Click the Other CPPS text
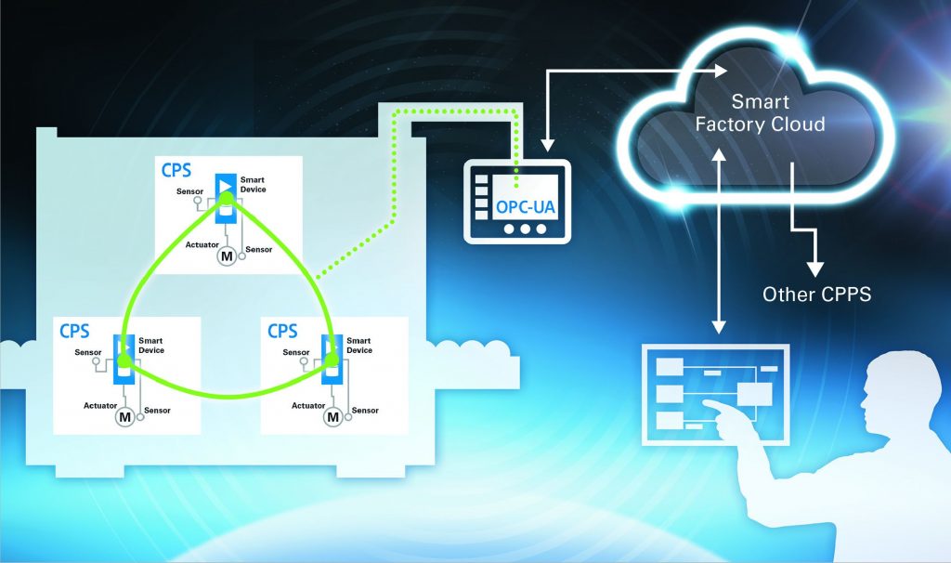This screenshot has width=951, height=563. (814, 295)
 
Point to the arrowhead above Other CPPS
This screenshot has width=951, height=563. (814, 268)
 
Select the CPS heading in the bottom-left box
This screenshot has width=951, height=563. (75, 331)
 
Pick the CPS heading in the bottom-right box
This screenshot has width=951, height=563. (282, 331)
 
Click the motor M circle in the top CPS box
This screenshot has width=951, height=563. (226, 255)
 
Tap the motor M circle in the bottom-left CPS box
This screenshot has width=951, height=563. (124, 417)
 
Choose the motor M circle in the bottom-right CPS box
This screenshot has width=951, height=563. (332, 417)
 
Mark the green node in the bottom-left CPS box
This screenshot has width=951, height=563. (123, 365)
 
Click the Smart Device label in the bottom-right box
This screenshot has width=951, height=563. (358, 346)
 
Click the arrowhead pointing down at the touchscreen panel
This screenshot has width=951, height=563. (718, 327)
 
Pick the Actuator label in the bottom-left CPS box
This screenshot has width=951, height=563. (99, 405)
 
